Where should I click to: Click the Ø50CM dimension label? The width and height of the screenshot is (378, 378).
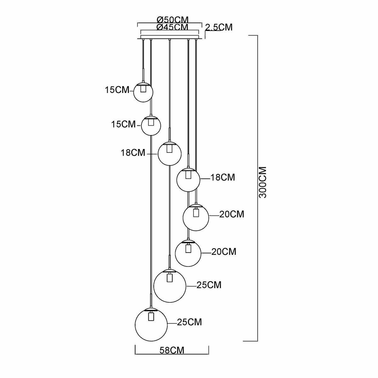coord(170,20)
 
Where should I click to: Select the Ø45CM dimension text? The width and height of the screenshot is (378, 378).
coord(170,27)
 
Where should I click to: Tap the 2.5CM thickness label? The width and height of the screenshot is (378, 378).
coord(219,27)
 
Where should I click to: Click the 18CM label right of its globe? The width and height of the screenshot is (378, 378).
coord(223,177)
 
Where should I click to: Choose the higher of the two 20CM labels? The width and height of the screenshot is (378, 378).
coord(232,215)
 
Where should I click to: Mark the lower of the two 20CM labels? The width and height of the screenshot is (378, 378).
coord(224,252)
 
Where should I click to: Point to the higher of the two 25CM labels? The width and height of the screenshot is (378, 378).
coord(209,285)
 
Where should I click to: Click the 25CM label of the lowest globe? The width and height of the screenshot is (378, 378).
coord(189,322)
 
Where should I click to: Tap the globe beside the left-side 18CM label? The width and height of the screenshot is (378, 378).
coord(169,154)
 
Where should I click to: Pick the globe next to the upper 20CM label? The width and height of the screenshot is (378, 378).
coord(196,217)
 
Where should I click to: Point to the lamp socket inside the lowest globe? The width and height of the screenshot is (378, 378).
coord(151,316)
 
